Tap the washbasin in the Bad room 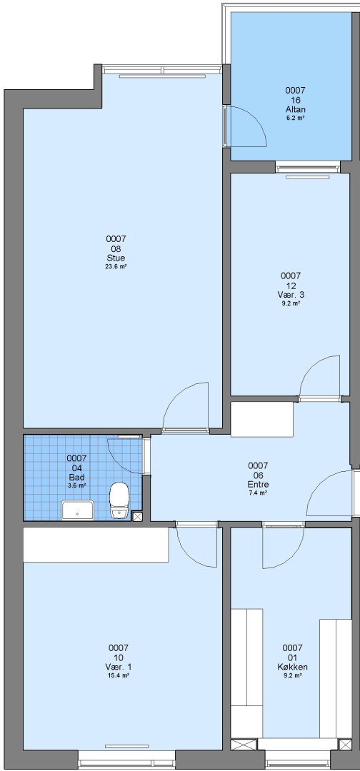(x=78, y=510)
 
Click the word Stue (x=116, y=258)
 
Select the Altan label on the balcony (x=295, y=109)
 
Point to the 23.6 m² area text (x=116, y=266)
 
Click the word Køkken (x=292, y=667)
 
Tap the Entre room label (x=258, y=484)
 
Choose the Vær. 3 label (x=290, y=295)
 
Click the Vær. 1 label (x=118, y=667)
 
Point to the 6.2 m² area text (x=295, y=118)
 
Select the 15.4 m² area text (x=118, y=675)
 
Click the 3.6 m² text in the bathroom (x=76, y=485)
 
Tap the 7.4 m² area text (x=258, y=493)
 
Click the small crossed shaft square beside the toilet (x=137, y=516)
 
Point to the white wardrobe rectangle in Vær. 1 (x=96, y=545)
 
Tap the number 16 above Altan (x=295, y=101)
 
